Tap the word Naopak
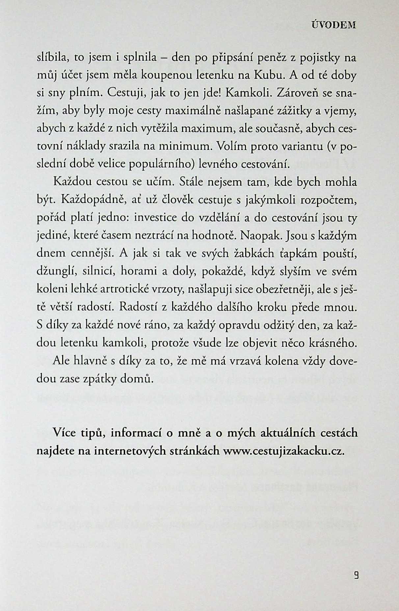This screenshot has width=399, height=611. [261, 236]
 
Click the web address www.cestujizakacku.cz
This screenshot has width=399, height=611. [283, 451]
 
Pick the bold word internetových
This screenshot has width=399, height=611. [130, 451]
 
